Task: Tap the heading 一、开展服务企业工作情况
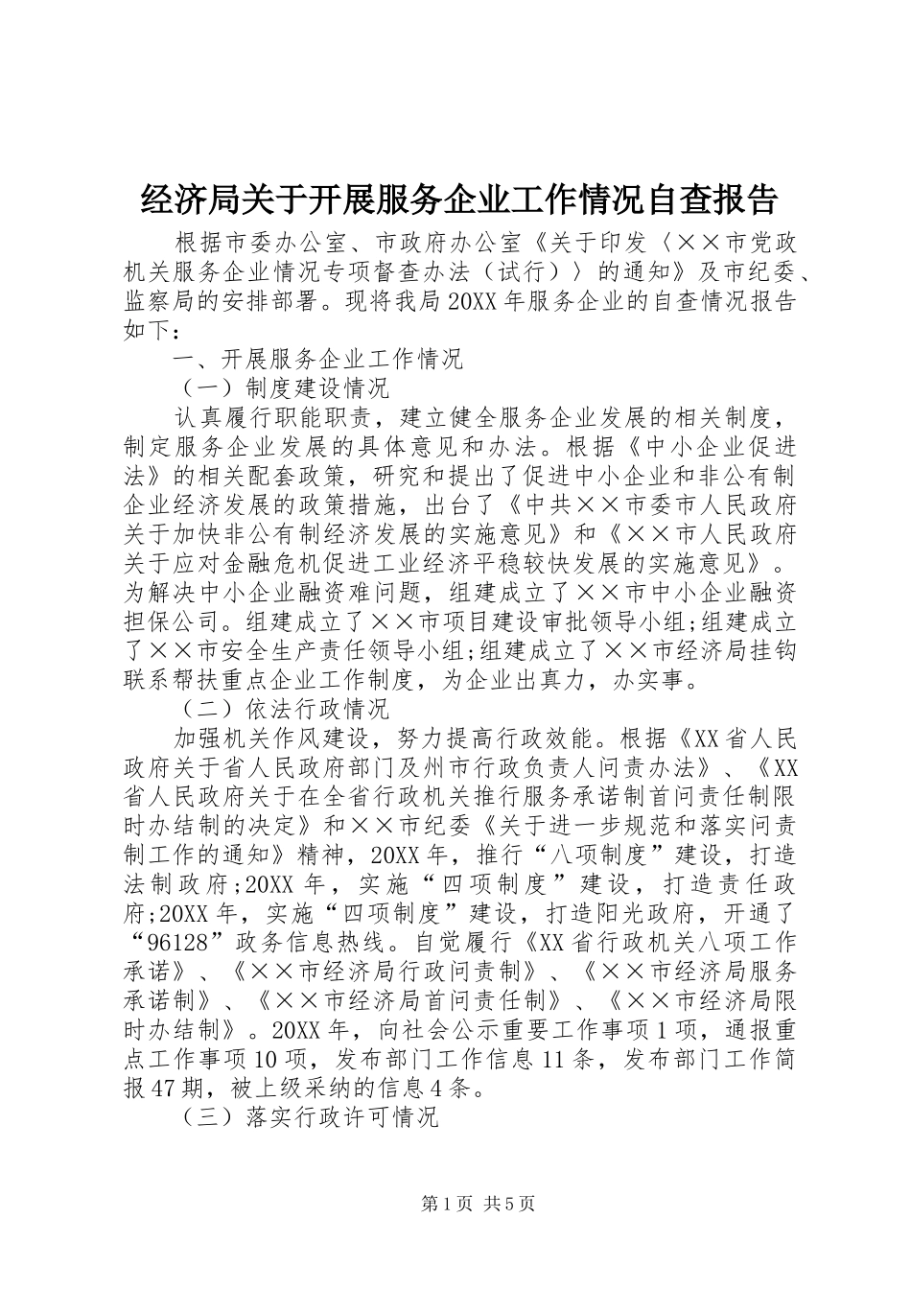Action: pyautogui.click(x=317, y=359)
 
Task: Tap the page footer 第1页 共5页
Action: pyautogui.click(x=456, y=1204)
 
